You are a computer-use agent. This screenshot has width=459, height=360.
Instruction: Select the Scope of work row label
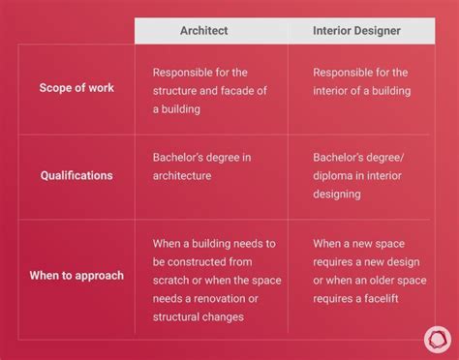(76, 88)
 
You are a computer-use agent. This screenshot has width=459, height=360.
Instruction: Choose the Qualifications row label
(76, 176)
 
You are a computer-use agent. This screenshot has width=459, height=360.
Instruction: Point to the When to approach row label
(76, 275)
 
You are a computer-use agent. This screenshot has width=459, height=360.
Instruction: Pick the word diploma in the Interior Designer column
(334, 177)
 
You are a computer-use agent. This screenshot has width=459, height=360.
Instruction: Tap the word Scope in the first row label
(56, 88)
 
